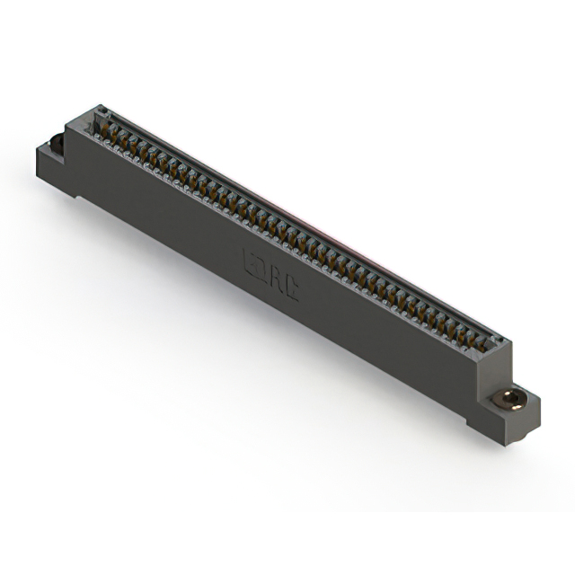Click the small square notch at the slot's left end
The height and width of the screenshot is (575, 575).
(x=102, y=114)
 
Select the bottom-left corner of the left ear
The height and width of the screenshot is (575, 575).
(x=38, y=176)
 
